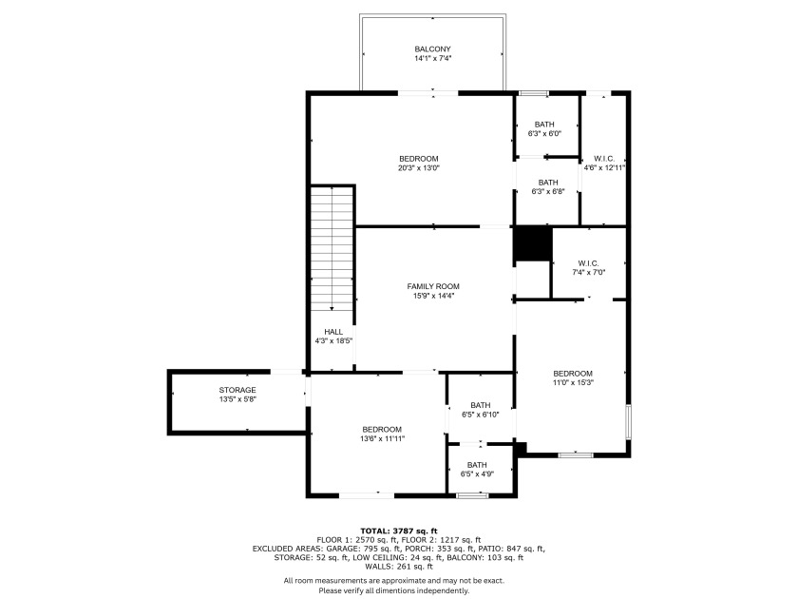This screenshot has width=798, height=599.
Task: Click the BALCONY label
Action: click(x=432, y=48)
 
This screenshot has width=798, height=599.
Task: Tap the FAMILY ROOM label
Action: click(x=433, y=286)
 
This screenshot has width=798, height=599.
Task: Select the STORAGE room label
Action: click(x=237, y=390)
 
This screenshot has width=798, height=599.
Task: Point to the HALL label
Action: click(x=333, y=332)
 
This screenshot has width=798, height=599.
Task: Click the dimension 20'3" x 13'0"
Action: click(x=418, y=167)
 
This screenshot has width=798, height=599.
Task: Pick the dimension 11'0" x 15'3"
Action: click(x=573, y=382)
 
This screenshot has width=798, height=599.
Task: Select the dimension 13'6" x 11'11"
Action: click(x=382, y=438)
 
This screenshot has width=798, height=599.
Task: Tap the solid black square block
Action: click(x=533, y=244)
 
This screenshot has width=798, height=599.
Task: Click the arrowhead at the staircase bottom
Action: click(x=332, y=308)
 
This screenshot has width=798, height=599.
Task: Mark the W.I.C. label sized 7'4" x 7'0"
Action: click(x=588, y=263)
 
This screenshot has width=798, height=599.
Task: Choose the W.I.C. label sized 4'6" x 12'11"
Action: click(x=604, y=159)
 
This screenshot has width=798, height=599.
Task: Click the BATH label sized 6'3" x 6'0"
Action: click(x=544, y=125)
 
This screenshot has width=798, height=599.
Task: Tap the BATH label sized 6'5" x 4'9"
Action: click(x=477, y=465)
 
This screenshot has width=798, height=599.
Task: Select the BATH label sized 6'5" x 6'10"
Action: click(x=481, y=405)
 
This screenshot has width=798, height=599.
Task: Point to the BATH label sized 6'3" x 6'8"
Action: click(x=548, y=183)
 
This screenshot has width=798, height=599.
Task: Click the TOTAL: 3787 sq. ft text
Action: click(x=399, y=531)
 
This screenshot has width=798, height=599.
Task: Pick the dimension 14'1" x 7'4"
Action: click(x=432, y=59)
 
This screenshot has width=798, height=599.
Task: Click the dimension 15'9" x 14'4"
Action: click(x=433, y=296)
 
